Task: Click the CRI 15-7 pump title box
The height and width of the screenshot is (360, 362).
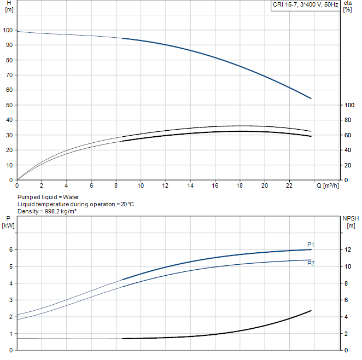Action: (x=305, y=5)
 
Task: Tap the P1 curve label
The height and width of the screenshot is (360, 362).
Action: (x=311, y=245)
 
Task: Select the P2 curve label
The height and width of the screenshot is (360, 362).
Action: (x=311, y=263)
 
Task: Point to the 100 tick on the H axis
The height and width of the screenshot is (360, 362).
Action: (x=8, y=30)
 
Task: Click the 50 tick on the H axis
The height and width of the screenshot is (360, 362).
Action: (x=9, y=105)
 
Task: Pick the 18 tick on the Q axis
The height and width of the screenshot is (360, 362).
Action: (x=240, y=185)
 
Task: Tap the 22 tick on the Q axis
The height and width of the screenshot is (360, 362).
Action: (x=289, y=185)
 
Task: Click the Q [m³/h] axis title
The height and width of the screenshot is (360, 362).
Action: (x=328, y=185)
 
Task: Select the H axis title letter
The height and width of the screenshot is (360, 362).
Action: (x=9, y=3)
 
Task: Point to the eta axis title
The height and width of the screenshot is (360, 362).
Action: (x=348, y=3)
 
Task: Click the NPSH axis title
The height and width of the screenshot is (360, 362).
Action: (x=351, y=218)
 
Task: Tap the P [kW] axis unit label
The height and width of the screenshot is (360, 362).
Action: (x=8, y=225)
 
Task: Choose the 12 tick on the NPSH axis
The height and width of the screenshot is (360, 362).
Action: (x=348, y=249)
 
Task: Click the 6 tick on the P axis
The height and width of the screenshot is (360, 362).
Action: (x=11, y=249)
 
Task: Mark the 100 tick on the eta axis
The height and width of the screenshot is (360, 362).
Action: (x=349, y=105)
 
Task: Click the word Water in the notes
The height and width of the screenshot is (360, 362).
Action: (x=71, y=197)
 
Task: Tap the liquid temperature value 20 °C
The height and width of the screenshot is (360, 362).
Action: (x=127, y=204)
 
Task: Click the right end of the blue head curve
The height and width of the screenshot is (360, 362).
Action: (x=311, y=98)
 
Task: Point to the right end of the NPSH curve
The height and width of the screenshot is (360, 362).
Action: (x=311, y=311)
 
